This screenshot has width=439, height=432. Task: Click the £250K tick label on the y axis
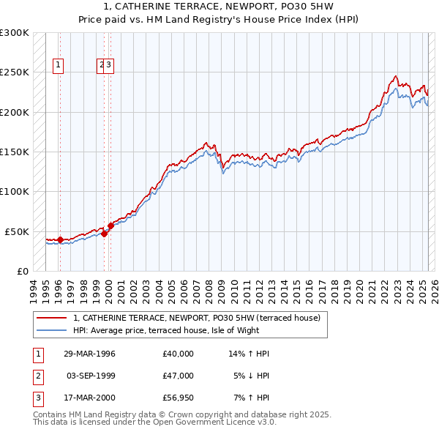pyautogui.click(x=15, y=72)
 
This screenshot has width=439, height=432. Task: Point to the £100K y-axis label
pyautogui.click(x=15, y=191)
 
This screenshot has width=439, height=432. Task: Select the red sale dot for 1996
pyautogui.click(x=60, y=239)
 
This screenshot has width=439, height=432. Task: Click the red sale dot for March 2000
pyautogui.click(x=110, y=226)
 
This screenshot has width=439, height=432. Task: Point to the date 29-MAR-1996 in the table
pyautogui.click(x=90, y=354)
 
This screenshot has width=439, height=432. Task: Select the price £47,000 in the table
pyautogui.click(x=179, y=376)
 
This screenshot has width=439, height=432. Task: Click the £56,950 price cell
pyautogui.click(x=179, y=399)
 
